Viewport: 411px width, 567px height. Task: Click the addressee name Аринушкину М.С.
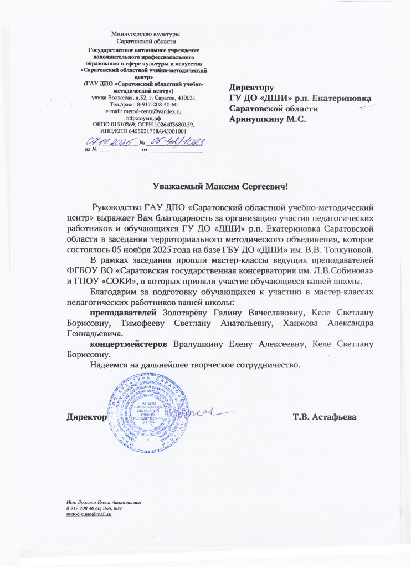[268, 118]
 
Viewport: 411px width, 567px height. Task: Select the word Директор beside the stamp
[86, 416]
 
